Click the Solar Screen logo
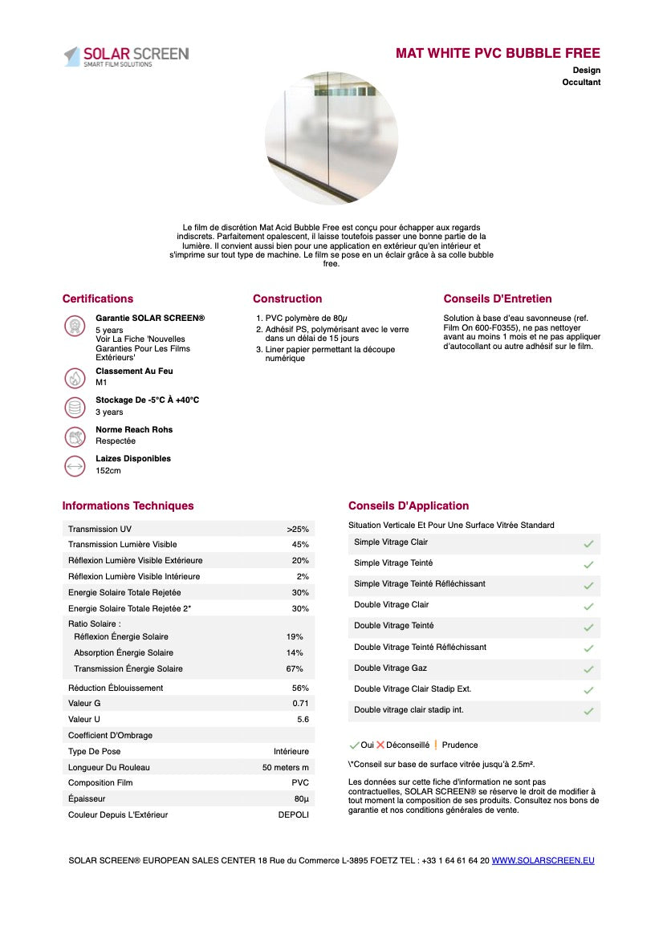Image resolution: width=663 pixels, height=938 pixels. coord(126,56)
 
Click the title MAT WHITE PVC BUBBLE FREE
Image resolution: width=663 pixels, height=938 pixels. coord(498,54)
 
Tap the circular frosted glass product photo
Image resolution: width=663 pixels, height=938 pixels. coord(331,137)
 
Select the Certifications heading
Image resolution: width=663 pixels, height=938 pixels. coord(98,299)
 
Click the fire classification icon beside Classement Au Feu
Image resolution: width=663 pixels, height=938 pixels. coord(75,377)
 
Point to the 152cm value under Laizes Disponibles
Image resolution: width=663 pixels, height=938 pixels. coord(108,470)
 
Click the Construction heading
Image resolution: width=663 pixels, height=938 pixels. coord(287,299)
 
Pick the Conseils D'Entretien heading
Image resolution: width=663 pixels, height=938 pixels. coord(498,299)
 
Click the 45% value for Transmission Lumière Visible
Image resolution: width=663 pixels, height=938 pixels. coord(300,545)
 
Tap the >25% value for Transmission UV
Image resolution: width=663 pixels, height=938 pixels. coord(298,530)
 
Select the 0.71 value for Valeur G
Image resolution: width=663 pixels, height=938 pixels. coord(300,704)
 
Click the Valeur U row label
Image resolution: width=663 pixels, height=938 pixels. coord(84,720)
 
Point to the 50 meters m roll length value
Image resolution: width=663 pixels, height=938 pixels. coord(286,767)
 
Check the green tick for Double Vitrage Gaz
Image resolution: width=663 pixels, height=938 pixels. coord(588,669)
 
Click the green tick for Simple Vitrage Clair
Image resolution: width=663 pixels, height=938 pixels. coord(588,544)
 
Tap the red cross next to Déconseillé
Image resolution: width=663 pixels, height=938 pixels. coord(380,745)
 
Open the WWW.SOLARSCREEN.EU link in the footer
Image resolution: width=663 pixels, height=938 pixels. coord(543,861)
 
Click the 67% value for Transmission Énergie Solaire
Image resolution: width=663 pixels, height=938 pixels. coord(295,669)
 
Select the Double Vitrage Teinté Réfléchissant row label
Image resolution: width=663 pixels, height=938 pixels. coord(420,648)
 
